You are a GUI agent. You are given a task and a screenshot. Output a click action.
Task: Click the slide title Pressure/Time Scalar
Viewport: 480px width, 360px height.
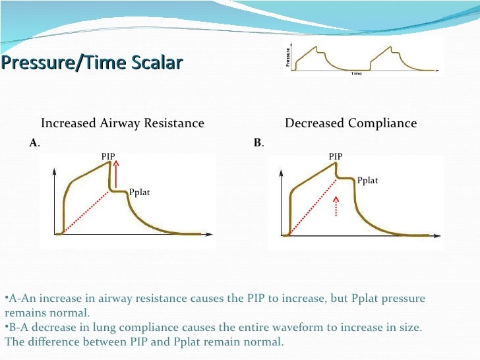coord(92,63)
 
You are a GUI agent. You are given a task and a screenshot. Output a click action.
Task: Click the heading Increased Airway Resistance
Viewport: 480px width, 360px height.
coord(123,123)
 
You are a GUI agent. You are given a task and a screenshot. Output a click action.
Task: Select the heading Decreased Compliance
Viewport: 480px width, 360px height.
coord(350,123)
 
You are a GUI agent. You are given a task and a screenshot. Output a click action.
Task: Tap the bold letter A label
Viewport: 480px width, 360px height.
coord(34,142)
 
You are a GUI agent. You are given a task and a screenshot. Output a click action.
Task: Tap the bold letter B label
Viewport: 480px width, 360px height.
coord(258,142)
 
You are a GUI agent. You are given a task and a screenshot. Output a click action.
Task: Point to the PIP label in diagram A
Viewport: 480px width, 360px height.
coord(108,156)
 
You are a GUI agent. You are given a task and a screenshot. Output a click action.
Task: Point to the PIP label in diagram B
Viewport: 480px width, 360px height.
coord(336,156)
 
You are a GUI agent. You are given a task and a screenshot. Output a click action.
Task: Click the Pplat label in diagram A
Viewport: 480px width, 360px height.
coord(140,193)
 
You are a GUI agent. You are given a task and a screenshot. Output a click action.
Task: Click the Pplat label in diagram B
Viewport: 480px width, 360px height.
coord(367,181)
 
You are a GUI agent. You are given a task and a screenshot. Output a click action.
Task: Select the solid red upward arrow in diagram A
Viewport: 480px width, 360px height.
coord(116,177)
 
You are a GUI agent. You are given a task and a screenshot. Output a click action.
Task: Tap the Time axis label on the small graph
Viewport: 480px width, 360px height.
coord(356,73)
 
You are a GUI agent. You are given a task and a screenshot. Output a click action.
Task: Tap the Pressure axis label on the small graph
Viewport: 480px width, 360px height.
coord(288,57)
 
